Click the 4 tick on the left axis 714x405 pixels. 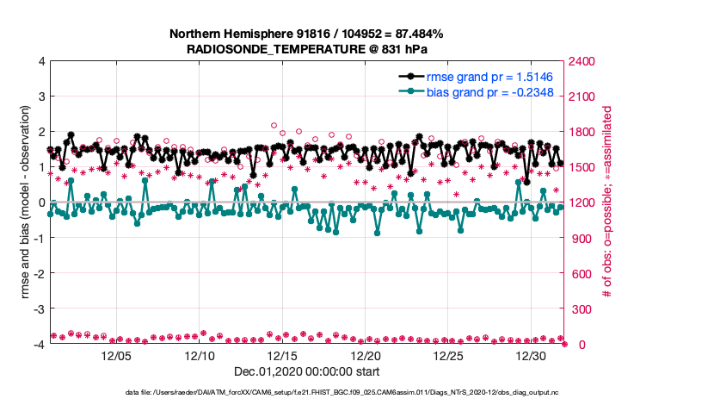click(40, 61)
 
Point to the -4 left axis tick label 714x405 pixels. click(39, 344)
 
